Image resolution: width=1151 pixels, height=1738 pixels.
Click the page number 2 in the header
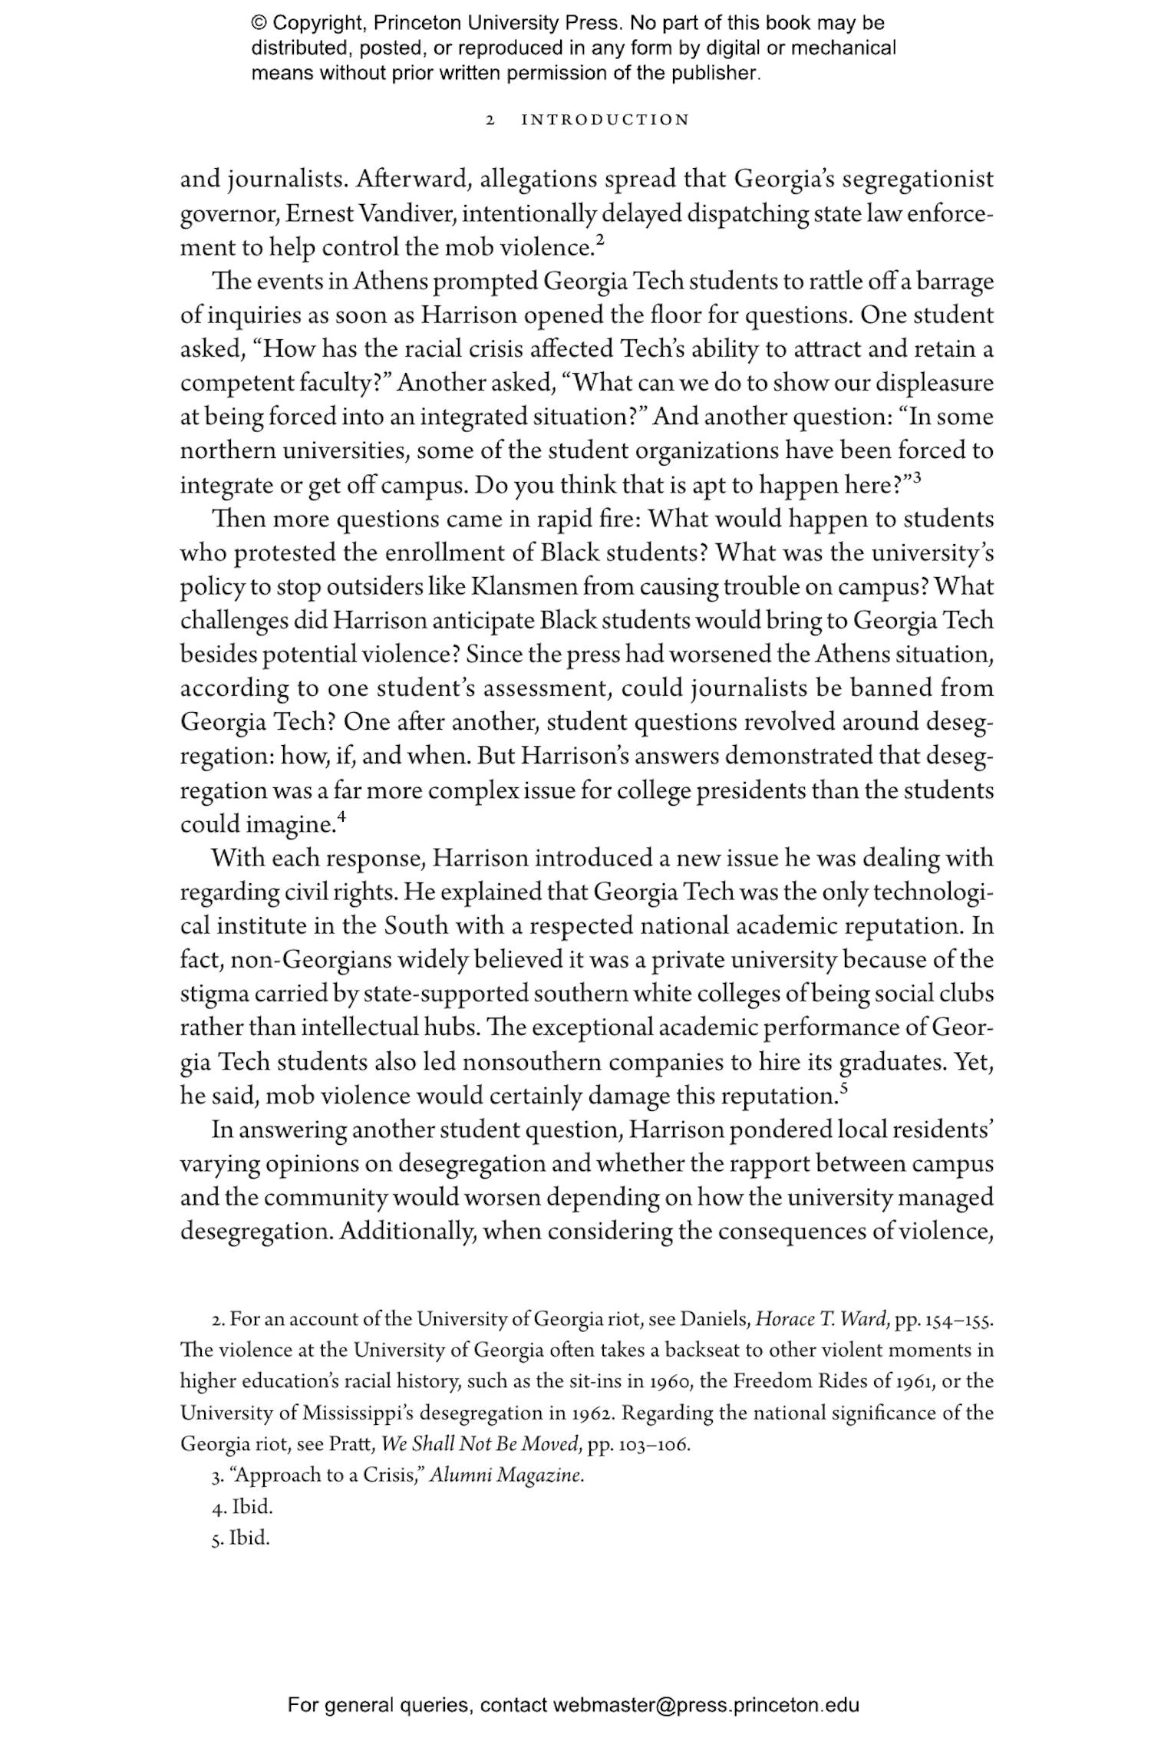pos(490,120)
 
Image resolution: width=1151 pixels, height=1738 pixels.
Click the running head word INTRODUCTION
pos(605,120)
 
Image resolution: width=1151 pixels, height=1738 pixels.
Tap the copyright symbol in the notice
pos(257,23)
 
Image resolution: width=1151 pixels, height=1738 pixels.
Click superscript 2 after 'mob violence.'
pos(600,241)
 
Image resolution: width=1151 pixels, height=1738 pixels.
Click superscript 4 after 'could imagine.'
pos(342,817)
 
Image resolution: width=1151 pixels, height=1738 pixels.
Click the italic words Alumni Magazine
pos(506,1475)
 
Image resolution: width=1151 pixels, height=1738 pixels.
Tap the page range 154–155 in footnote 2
pos(959,1320)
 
